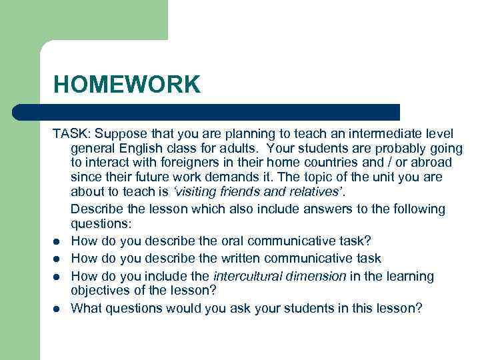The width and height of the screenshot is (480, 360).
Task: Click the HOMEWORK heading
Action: [x=127, y=85]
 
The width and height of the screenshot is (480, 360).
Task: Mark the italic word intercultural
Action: [x=249, y=276]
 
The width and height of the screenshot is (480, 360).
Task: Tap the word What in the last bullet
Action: [x=86, y=309]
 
